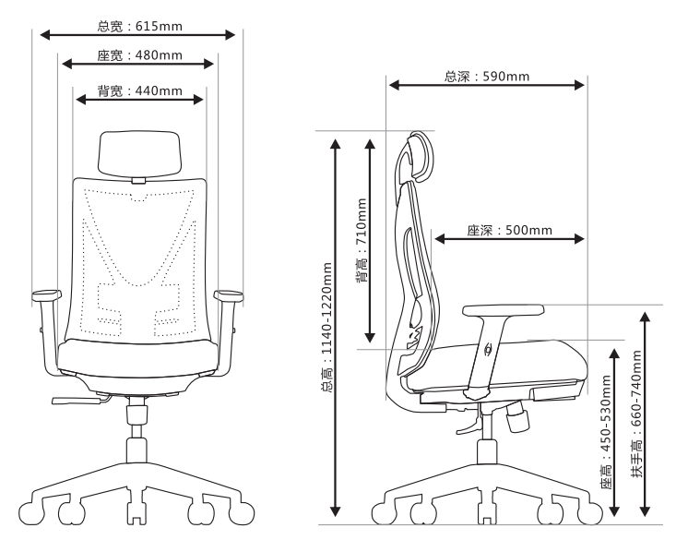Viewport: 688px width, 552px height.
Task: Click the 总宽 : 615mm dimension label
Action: pos(139,27)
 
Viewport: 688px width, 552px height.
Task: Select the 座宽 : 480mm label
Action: pos(139,55)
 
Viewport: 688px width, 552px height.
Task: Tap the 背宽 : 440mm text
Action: pos(139,90)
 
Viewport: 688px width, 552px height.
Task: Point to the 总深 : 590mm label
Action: pos(487,77)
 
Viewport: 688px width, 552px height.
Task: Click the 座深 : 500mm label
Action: pos(509,230)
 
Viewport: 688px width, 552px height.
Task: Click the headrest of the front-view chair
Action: pos(139,153)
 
